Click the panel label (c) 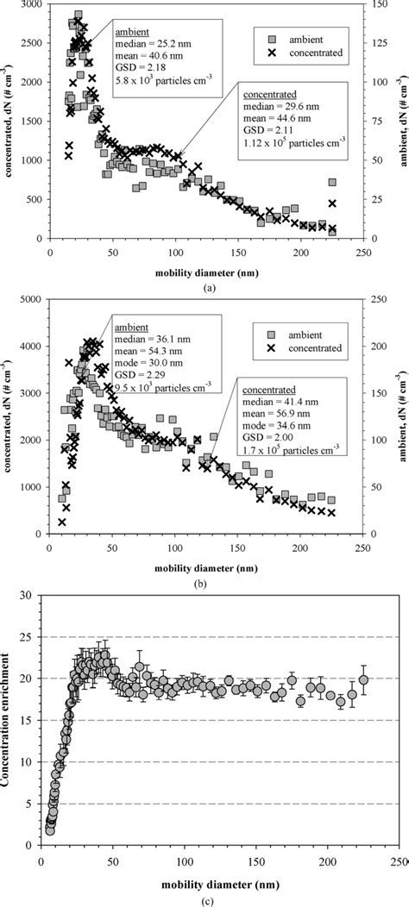tap(204, 897)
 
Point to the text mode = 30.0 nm tap(146, 365)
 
